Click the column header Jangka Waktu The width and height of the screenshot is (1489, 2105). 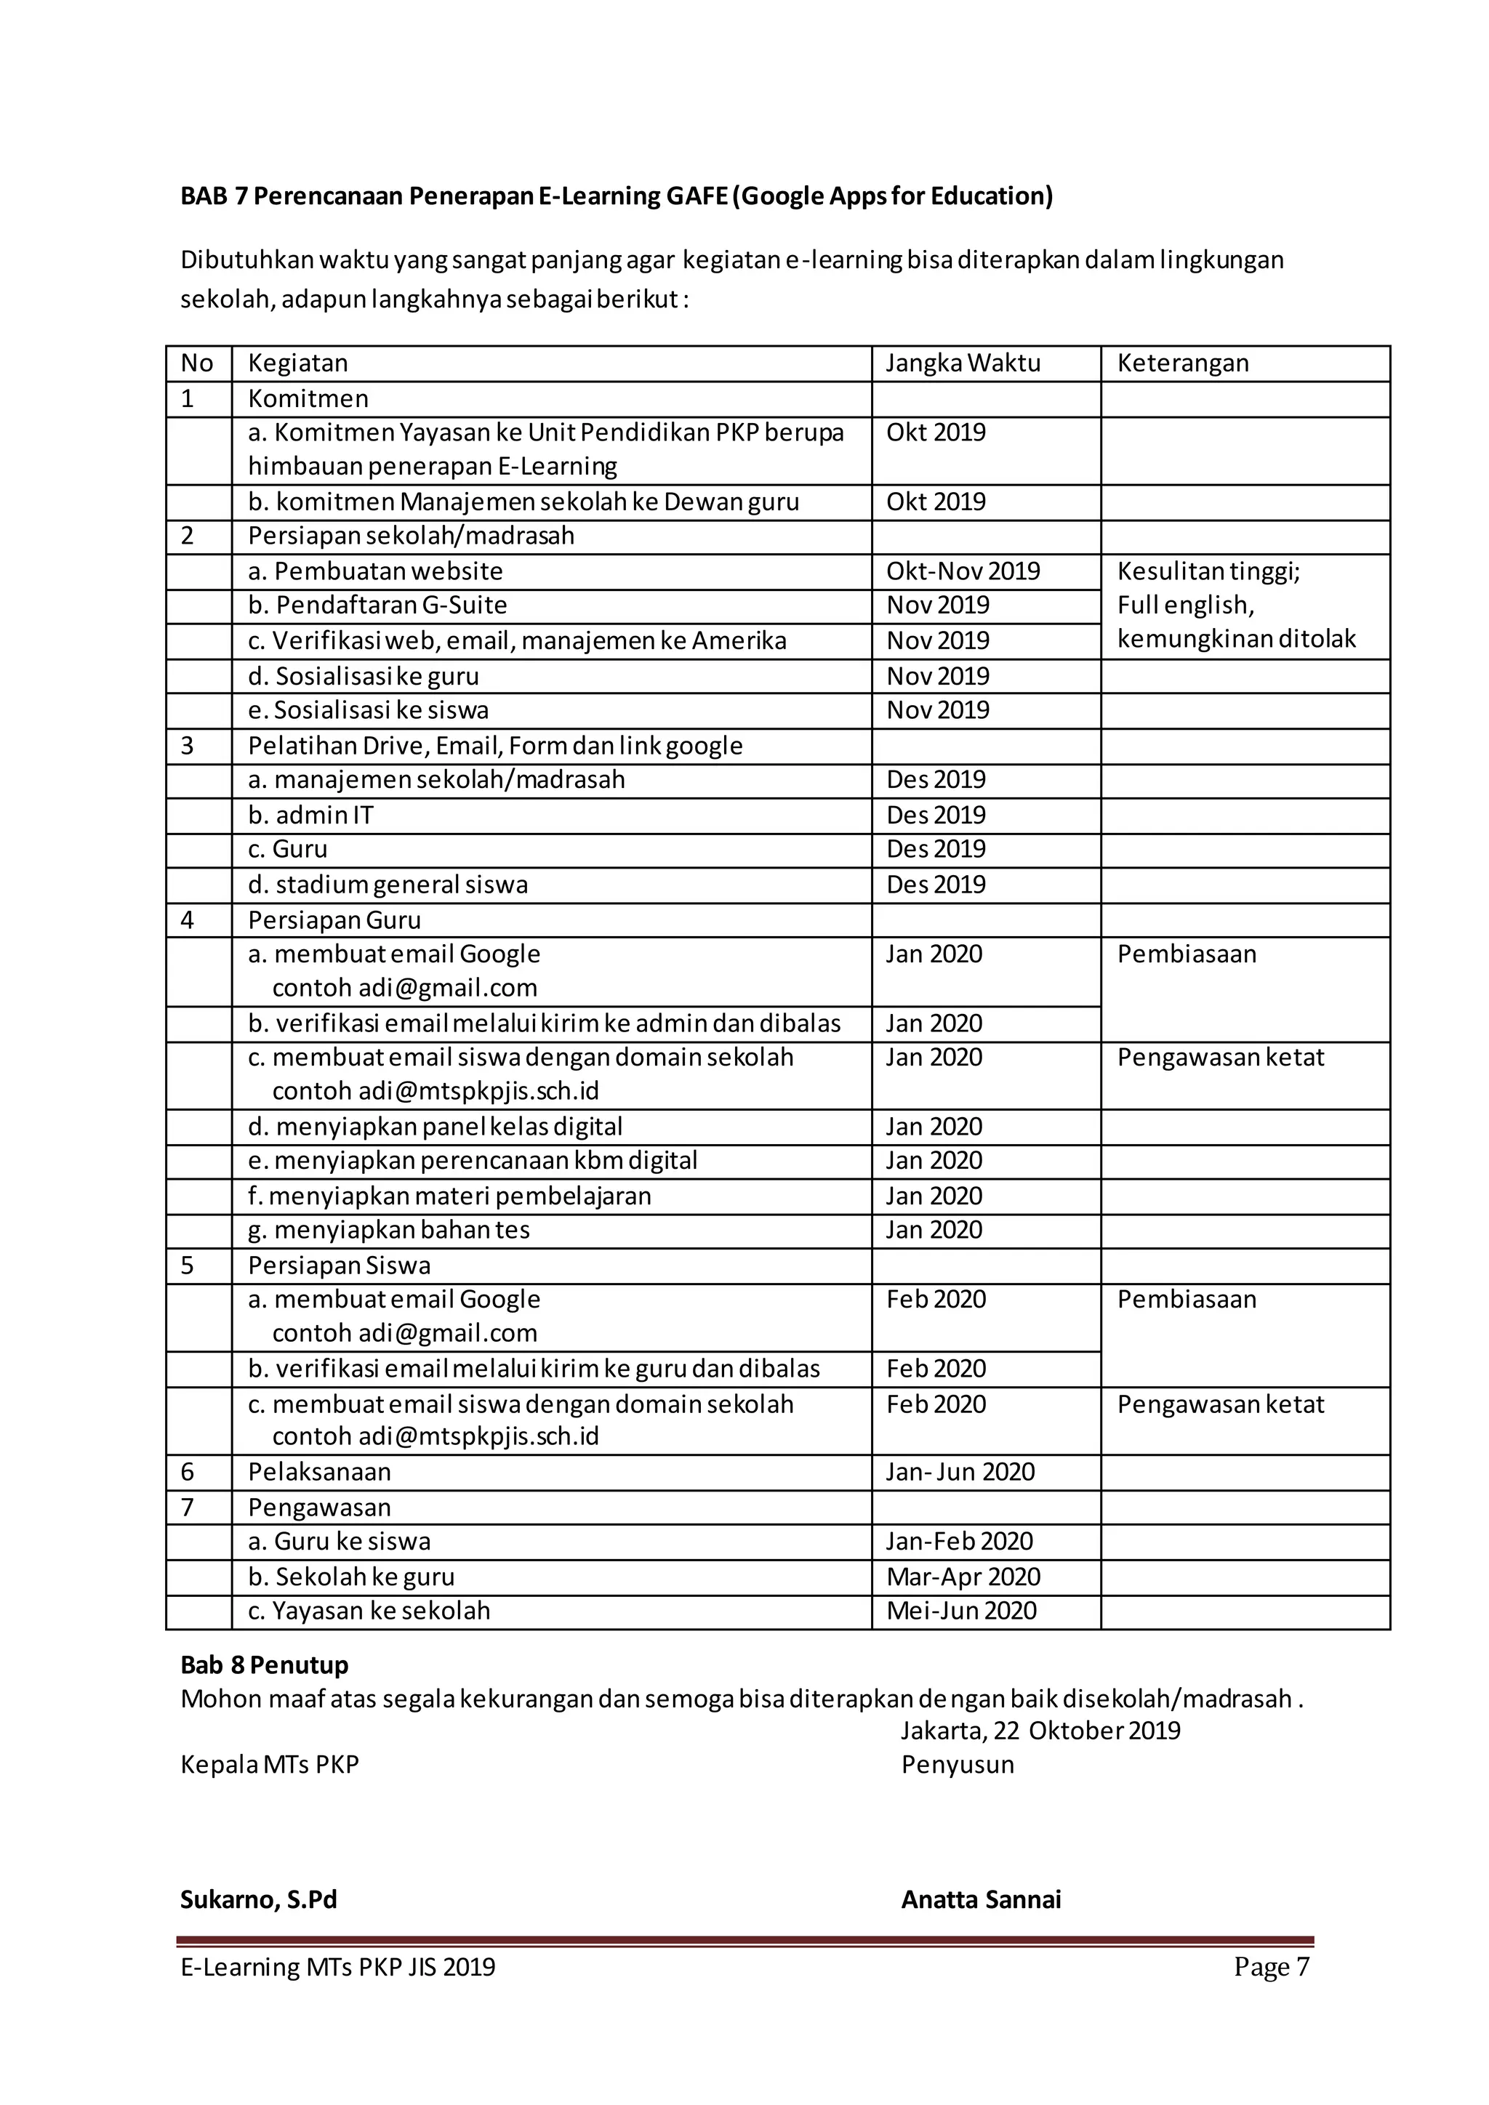click(x=963, y=363)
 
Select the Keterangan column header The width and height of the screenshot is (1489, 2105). click(x=1182, y=363)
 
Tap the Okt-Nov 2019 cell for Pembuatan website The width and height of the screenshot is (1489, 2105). click(x=963, y=571)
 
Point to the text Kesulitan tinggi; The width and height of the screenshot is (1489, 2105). click(x=1208, y=571)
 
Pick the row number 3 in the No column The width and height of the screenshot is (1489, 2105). click(x=188, y=745)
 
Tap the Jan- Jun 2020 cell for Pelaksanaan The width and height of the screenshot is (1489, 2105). click(x=959, y=1471)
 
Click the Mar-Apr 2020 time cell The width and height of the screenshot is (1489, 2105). click(x=963, y=1577)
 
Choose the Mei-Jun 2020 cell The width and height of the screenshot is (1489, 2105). click(x=961, y=1611)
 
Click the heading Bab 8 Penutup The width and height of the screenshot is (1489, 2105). click(x=264, y=1665)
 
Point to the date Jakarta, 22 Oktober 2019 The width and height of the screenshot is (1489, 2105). click(x=1040, y=1731)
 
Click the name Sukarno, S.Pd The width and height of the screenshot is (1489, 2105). click(x=259, y=1899)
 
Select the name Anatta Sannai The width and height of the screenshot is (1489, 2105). click(x=980, y=1899)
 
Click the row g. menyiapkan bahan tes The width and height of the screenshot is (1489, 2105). click(x=389, y=1229)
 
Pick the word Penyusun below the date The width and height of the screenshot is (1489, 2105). click(x=958, y=1765)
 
